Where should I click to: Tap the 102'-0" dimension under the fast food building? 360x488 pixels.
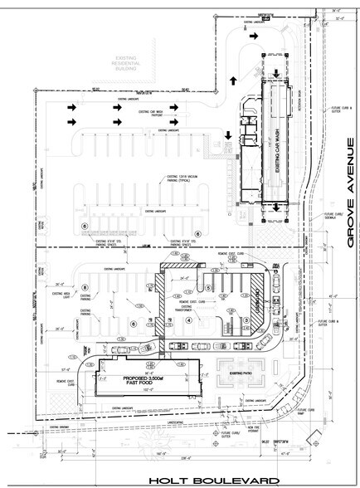(x=134, y=388)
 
